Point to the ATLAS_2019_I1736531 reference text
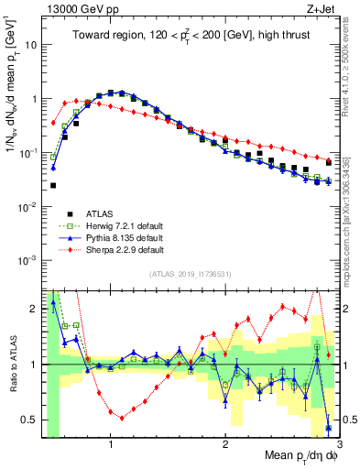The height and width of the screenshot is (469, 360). click(x=191, y=274)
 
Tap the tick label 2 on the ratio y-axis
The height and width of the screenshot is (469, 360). click(x=34, y=309)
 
